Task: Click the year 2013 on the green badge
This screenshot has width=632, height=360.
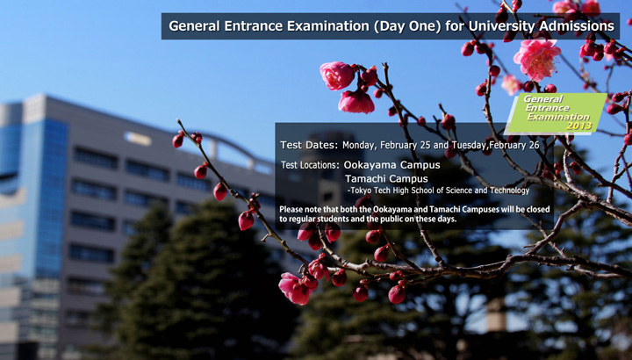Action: (x=578, y=126)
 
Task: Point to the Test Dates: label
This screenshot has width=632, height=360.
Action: (x=309, y=145)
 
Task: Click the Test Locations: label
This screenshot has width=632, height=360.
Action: (x=310, y=165)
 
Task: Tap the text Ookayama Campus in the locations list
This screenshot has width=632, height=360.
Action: (x=391, y=165)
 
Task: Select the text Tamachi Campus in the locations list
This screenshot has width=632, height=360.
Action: (x=386, y=178)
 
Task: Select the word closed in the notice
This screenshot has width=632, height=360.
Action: (x=538, y=209)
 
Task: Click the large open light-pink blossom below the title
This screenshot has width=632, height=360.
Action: (x=536, y=59)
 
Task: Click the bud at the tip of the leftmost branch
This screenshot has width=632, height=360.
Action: (x=177, y=140)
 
